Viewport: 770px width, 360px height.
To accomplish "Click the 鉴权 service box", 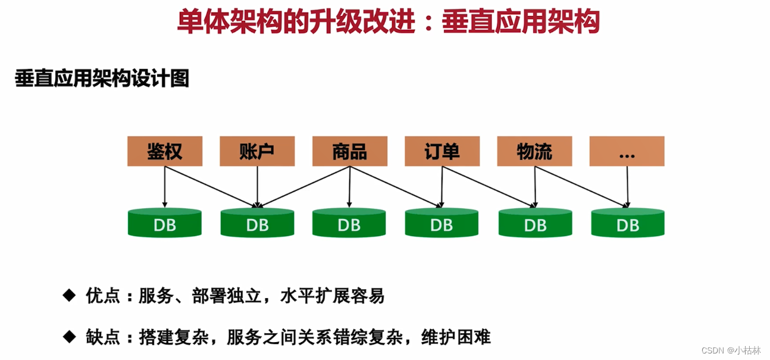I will coord(165,151).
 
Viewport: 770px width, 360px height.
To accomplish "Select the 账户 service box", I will coord(257,151).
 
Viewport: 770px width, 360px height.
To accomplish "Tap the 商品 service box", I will coord(350,151).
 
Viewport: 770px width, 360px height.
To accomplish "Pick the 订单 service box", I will coord(442,151).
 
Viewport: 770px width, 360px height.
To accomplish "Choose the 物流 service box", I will coord(534,151).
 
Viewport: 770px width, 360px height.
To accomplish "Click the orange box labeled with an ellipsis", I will coord(627,151).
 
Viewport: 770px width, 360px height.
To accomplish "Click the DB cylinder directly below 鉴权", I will coord(165,224).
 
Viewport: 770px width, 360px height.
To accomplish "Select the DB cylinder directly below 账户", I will coord(257,224).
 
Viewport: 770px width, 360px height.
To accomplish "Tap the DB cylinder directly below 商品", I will coord(349,224).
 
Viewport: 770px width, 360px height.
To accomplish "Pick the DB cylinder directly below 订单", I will coord(442,224).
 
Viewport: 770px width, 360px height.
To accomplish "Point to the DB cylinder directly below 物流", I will coord(535,224).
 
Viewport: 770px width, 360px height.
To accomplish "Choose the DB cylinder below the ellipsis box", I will coord(628,224).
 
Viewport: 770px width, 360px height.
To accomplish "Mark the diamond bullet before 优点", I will coord(70,295).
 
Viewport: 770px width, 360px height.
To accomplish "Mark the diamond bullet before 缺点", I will coord(70,337).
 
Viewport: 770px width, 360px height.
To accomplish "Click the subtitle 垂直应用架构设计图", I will coord(102,79).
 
